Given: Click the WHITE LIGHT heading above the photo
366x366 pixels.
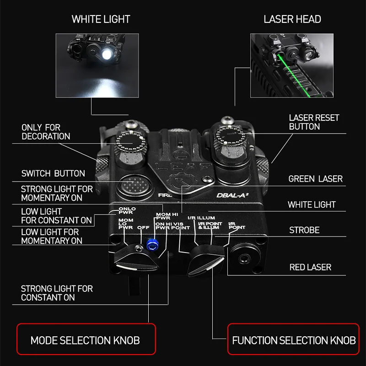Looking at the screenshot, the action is (x=101, y=19).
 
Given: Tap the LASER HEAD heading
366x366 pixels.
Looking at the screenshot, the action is (x=292, y=19).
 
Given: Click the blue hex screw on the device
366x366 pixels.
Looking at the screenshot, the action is (x=152, y=244).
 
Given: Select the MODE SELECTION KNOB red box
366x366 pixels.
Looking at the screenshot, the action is (x=86, y=339).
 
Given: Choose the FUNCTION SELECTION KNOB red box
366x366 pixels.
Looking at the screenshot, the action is (x=293, y=339).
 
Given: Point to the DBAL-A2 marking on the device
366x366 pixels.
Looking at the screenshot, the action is (x=232, y=195).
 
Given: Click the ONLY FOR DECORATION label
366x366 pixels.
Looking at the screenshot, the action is (x=46, y=132).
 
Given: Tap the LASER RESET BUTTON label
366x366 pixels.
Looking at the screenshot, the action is (x=314, y=122).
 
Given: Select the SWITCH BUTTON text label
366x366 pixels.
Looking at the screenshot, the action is (x=53, y=173).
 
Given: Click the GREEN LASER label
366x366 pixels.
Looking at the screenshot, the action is (x=315, y=179).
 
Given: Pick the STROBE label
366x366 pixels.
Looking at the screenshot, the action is (x=304, y=230).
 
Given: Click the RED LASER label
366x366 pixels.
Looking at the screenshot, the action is (x=310, y=267).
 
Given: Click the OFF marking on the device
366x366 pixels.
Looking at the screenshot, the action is (x=143, y=227).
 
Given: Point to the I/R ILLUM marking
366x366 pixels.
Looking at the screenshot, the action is (x=201, y=218).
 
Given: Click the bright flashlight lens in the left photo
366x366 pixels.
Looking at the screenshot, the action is (x=107, y=54).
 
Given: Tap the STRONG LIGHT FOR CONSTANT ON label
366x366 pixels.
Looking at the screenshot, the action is (x=57, y=293).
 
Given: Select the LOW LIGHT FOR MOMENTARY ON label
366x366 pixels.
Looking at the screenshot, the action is (x=52, y=236).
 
